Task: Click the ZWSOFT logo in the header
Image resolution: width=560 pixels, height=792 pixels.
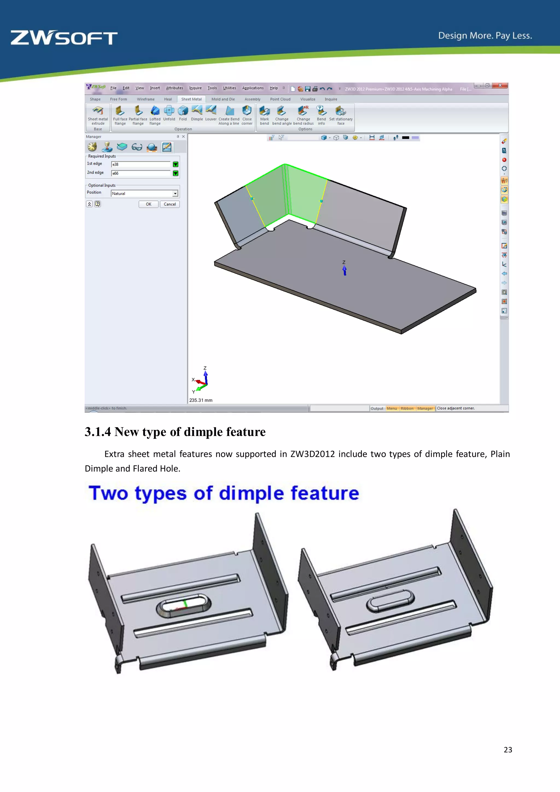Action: (x=64, y=38)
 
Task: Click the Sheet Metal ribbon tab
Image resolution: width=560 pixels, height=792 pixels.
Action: (x=191, y=99)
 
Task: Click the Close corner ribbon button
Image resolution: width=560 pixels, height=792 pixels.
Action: (x=247, y=115)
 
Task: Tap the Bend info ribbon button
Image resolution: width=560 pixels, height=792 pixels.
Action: (x=321, y=115)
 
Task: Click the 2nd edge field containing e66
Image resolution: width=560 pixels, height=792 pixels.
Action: (x=141, y=173)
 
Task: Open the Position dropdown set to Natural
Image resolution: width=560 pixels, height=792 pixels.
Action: (x=144, y=194)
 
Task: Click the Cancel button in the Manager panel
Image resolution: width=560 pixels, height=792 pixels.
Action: (x=170, y=204)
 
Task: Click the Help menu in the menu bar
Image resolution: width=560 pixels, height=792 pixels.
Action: (x=274, y=88)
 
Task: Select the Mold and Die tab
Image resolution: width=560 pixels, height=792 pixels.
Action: (x=223, y=99)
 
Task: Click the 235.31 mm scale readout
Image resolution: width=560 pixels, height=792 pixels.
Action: (x=201, y=400)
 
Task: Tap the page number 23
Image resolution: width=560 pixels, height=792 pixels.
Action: (x=507, y=750)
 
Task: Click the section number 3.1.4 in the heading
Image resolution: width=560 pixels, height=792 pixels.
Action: (x=98, y=432)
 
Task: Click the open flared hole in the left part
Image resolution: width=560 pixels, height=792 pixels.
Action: (x=183, y=605)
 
